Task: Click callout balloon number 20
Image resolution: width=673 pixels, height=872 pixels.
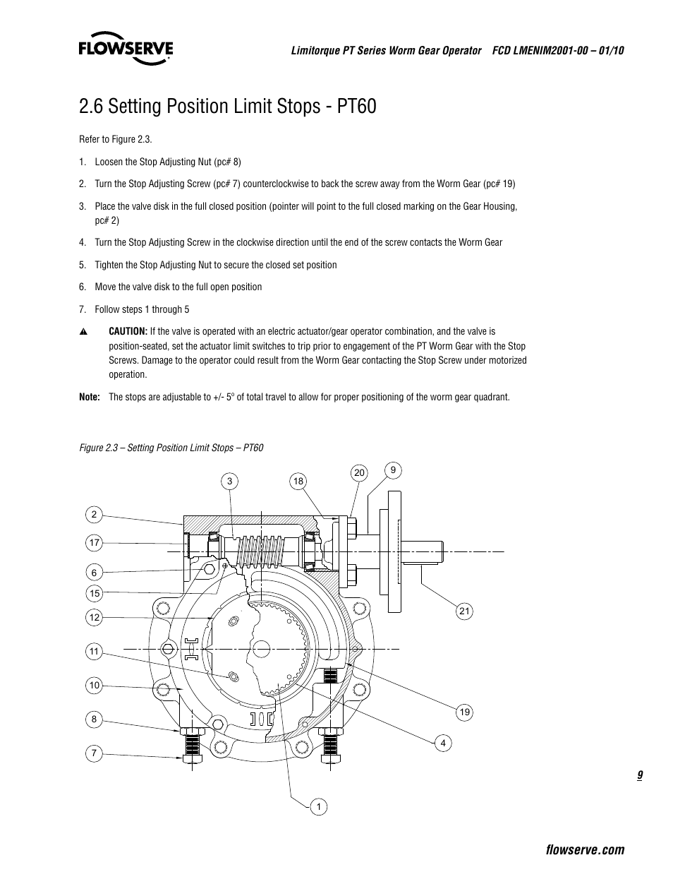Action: (360, 472)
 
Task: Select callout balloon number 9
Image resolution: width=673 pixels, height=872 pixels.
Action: (394, 470)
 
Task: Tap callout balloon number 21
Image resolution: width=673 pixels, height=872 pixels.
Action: (463, 611)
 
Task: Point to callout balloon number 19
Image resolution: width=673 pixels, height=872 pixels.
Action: (464, 712)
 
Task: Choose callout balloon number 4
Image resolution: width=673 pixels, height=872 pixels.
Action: (443, 743)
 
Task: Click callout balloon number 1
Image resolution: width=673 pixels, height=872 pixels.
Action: (318, 806)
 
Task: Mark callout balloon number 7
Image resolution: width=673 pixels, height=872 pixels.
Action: (94, 753)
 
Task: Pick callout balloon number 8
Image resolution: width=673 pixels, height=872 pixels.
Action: (94, 719)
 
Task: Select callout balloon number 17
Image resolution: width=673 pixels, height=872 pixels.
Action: (95, 543)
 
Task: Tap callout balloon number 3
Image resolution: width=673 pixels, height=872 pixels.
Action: (229, 482)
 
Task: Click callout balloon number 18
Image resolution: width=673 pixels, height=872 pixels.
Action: (298, 482)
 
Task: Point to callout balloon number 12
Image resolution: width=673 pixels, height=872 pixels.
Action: (95, 618)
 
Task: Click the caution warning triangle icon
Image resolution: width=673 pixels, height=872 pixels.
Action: (83, 332)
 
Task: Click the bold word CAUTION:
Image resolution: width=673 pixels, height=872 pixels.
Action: (128, 331)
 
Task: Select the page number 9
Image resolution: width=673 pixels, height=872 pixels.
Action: (639, 775)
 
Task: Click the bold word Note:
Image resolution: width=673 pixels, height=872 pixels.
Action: (90, 397)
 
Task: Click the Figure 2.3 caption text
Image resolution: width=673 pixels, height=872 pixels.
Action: (171, 448)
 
